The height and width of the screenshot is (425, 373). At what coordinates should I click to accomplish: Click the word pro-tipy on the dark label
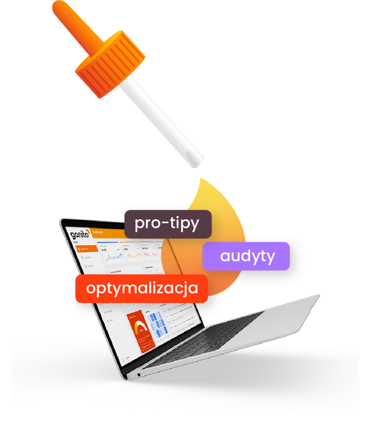tap(167, 223)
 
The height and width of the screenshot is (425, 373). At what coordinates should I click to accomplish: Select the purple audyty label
tap(247, 256)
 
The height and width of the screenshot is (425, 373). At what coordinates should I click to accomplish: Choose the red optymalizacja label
tap(142, 288)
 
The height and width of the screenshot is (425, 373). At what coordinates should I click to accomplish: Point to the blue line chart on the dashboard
tap(114, 257)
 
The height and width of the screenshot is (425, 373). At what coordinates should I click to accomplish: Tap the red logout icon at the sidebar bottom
tap(123, 359)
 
